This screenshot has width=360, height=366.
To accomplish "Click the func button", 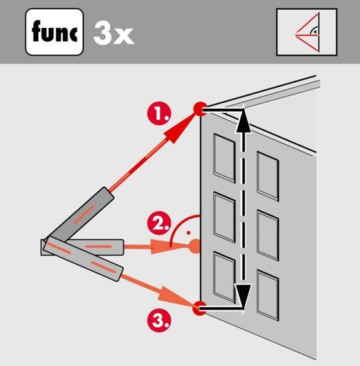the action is [54, 32].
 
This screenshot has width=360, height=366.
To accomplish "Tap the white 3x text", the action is [113, 34].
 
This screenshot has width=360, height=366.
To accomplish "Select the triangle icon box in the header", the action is [307, 32].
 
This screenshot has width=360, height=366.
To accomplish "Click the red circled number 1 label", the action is [159, 113].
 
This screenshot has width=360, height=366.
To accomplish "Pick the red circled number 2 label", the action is [159, 223].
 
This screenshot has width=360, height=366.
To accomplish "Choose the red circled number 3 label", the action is [159, 320].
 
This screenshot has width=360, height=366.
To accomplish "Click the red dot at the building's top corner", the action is [200, 109].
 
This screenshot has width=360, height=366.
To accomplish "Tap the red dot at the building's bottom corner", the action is [199, 308].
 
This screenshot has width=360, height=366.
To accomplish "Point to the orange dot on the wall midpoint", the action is [194, 246].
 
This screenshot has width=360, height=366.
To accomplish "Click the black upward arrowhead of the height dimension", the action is [243, 120].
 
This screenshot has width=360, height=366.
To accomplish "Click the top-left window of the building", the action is [225, 158].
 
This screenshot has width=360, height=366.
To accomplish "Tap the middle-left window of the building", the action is [225, 217].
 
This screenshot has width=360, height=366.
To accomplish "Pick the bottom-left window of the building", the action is [225, 277].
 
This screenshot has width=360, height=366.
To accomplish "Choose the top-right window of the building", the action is [268, 177].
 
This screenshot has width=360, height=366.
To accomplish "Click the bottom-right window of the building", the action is [268, 296].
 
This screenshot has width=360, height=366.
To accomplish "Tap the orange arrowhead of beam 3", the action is [172, 296].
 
